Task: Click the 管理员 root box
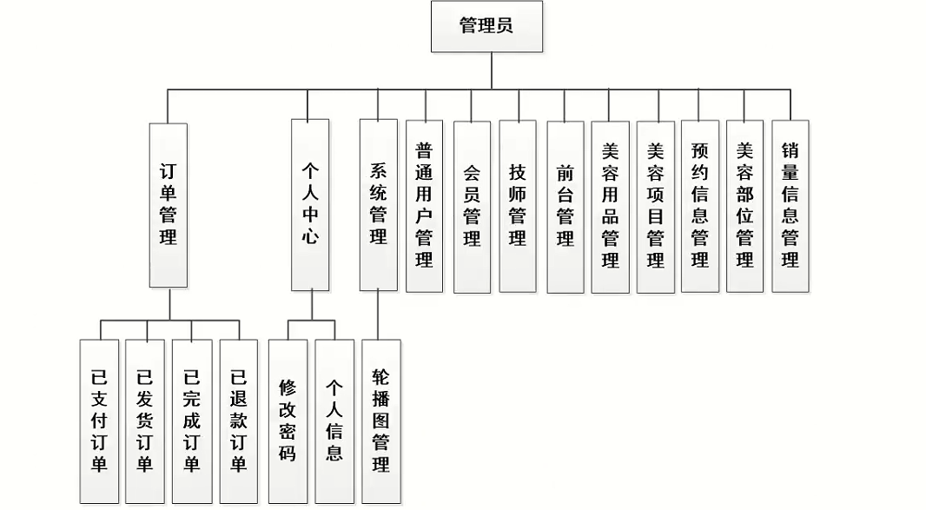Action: pos(486,26)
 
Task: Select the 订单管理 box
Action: pos(169,205)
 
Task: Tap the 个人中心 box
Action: pos(310,205)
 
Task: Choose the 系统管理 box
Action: pos(379,205)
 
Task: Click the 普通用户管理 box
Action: pos(424,206)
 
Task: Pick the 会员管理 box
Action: pos(472,206)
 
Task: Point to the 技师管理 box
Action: pos(518,206)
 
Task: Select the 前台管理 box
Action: pos(566,206)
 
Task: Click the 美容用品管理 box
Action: pos(611,206)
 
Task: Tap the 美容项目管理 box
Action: pos(656,206)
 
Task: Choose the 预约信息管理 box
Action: pos(700,206)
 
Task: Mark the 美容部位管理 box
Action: pos(745,206)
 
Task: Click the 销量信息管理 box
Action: pos(790,206)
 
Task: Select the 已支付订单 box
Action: pos(99,421)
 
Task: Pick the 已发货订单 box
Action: pos(145,421)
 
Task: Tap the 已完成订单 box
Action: pos(192,421)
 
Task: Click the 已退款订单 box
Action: pos(238,421)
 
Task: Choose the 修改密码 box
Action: pos(288,421)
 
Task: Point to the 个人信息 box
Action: pos(334,421)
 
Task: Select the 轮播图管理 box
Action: pos(380,421)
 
